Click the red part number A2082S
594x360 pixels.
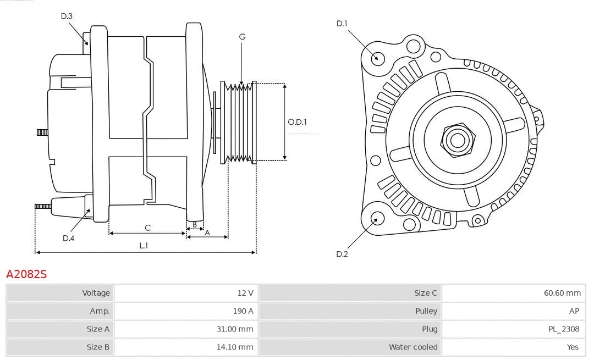pos(26,274)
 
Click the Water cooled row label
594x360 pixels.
pos(413,347)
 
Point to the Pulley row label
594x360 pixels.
pos(426,311)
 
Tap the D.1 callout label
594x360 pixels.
pos(342,24)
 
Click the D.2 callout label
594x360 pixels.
pos(342,254)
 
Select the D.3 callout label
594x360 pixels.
pos(67,16)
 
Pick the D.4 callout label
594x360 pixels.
pos(68,238)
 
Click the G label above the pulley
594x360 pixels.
pos(242,37)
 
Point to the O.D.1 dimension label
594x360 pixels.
pos(298,122)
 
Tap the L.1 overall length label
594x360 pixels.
pos(143,246)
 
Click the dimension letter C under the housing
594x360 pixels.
pos(147,228)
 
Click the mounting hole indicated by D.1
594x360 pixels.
pos(378,58)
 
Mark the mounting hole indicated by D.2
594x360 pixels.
pos(377,219)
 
